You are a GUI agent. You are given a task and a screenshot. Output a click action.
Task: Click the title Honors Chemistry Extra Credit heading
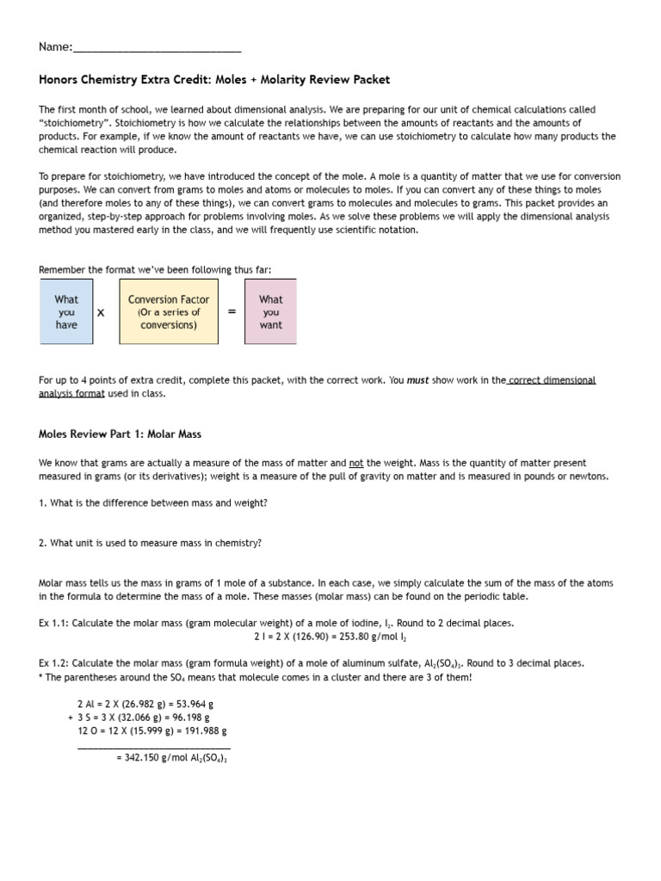coord(214,80)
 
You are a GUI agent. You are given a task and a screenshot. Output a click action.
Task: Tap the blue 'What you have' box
coord(66,312)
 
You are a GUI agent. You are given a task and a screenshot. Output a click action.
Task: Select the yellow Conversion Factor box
coord(169,312)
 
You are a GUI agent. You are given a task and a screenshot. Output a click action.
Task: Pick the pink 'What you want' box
coord(270,312)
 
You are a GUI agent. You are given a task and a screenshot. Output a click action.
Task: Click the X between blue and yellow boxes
coord(101,313)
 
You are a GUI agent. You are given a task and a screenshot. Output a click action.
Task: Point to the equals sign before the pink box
coord(232,312)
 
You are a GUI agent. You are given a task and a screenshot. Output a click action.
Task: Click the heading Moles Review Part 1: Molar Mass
coord(120,434)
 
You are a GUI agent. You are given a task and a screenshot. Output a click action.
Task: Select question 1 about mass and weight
coord(153,503)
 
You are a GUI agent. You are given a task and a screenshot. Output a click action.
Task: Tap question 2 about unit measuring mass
coord(151,543)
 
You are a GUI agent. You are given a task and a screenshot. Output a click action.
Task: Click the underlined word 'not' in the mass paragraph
coord(356,463)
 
